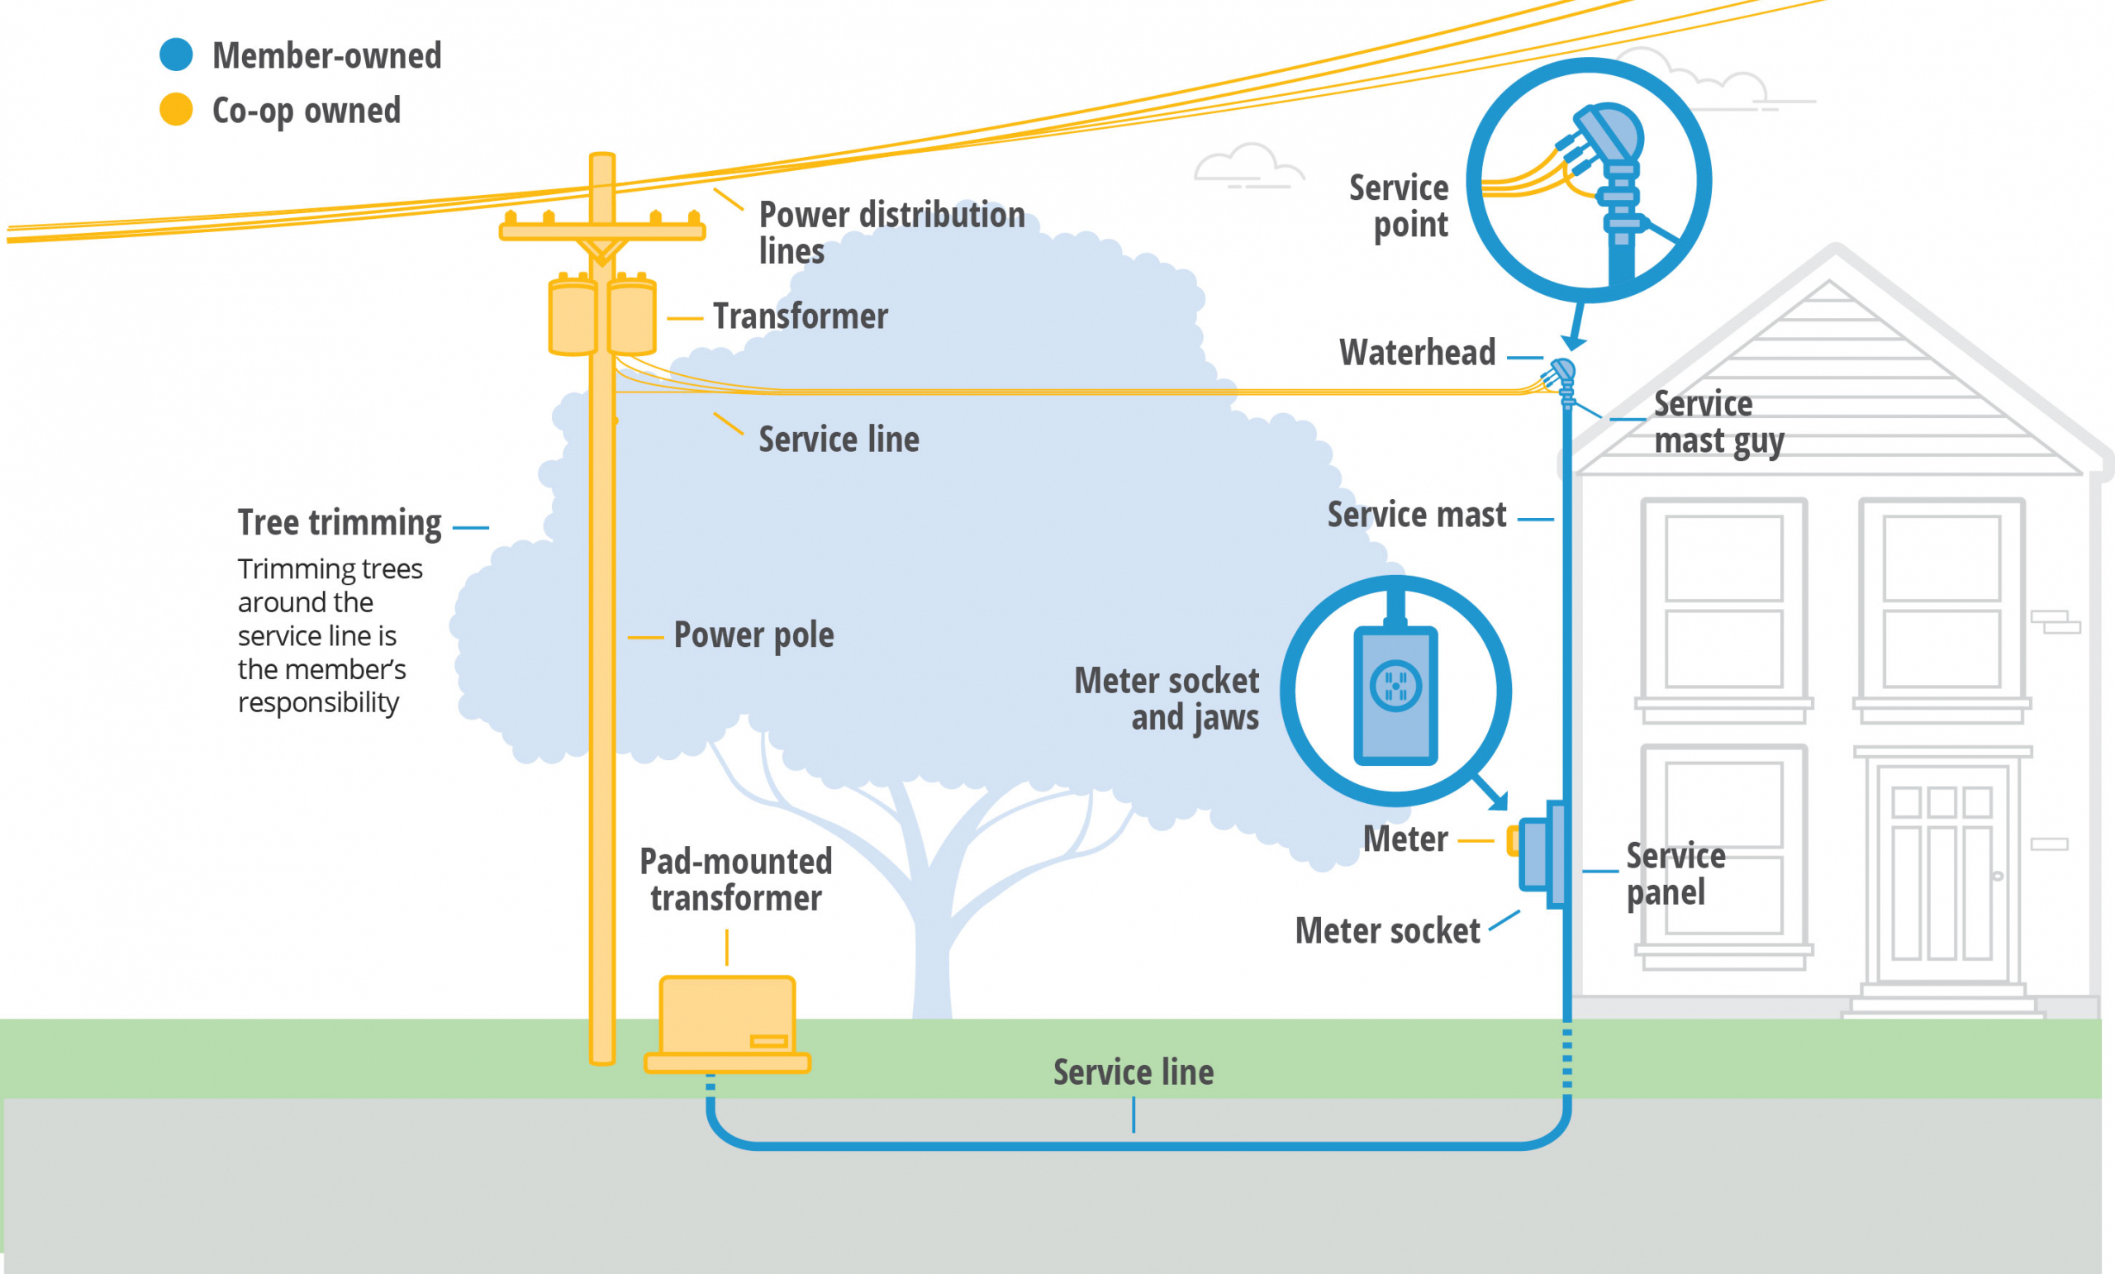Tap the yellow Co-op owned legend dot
click(x=176, y=109)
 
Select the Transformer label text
click(x=800, y=316)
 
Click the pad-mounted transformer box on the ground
click(x=727, y=1017)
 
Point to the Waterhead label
click(x=1417, y=353)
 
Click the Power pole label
click(x=753, y=635)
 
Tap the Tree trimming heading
click(x=340, y=523)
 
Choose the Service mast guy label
click(x=1718, y=422)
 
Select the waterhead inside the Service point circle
click(x=1609, y=137)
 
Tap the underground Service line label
click(x=1133, y=1072)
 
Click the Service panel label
click(x=1675, y=874)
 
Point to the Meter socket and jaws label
click(x=1167, y=699)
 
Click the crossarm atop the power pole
click(x=601, y=231)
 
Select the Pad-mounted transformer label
click(x=735, y=880)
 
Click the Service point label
click(x=1400, y=206)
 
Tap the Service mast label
click(x=1416, y=515)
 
